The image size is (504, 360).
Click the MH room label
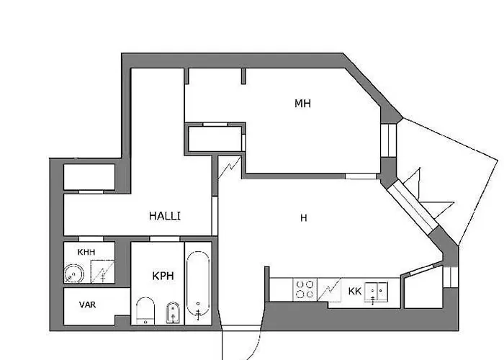point(302,104)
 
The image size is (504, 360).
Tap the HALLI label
point(165,215)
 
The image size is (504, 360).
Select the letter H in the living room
point(304,217)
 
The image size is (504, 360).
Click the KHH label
point(86,253)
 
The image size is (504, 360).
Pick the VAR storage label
point(87,305)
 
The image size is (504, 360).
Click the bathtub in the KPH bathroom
point(198,285)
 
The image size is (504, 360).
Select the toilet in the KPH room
point(145,311)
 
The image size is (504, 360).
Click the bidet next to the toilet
point(171,312)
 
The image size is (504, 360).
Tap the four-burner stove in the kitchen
point(305,289)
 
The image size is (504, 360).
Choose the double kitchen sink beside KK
point(377,290)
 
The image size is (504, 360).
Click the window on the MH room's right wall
point(389,140)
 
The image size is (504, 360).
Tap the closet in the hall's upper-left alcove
point(89,178)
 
